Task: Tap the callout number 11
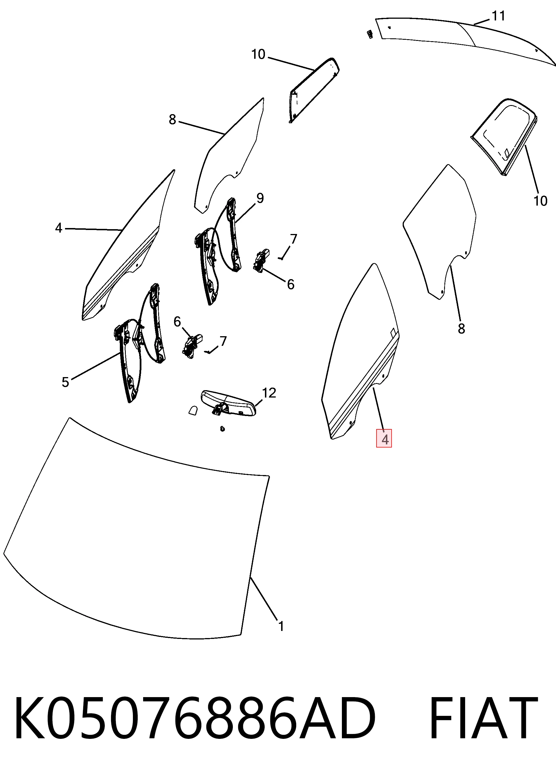(498, 16)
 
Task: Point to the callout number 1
(281, 626)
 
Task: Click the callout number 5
(65, 382)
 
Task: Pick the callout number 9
(260, 198)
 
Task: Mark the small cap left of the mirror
(193, 410)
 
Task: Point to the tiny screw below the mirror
(223, 429)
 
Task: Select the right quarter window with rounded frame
(504, 137)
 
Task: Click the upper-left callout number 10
(258, 55)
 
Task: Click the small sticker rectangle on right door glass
(393, 331)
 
